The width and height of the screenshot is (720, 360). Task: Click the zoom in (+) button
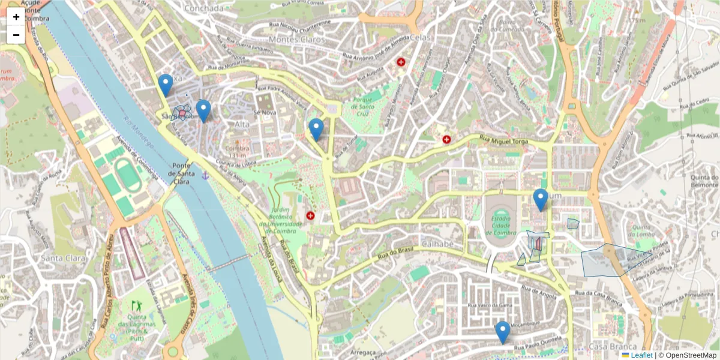click(16, 17)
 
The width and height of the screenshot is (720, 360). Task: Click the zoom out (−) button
click(16, 35)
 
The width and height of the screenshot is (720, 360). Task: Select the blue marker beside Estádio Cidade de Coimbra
click(541, 200)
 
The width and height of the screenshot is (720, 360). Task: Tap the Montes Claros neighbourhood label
click(296, 40)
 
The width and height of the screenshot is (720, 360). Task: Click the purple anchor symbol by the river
click(206, 175)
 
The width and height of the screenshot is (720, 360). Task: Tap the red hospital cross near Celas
click(401, 62)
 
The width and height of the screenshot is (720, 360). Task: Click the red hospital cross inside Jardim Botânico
click(310, 215)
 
